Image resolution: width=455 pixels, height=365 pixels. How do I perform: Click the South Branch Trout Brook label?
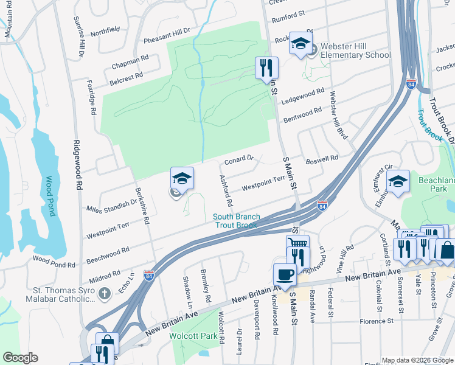237,221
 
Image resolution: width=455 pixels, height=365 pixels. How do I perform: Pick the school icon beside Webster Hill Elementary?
300,43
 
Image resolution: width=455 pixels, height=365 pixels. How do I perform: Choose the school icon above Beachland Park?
398,182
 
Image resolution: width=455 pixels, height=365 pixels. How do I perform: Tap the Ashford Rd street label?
225,190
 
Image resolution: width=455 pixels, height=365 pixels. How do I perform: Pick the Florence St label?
377,321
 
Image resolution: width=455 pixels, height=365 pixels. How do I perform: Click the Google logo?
20,358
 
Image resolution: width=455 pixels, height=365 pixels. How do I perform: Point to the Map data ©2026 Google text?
417,360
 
